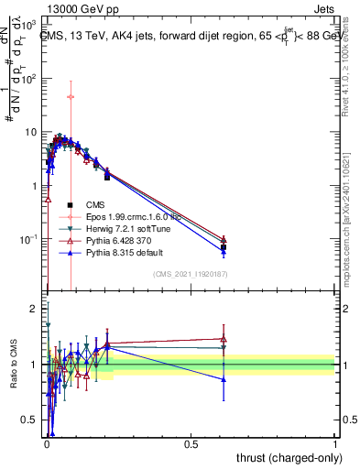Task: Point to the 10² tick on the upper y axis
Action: click(28, 78)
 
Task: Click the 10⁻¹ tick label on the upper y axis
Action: click(28, 239)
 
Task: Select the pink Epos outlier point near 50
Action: click(71, 96)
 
